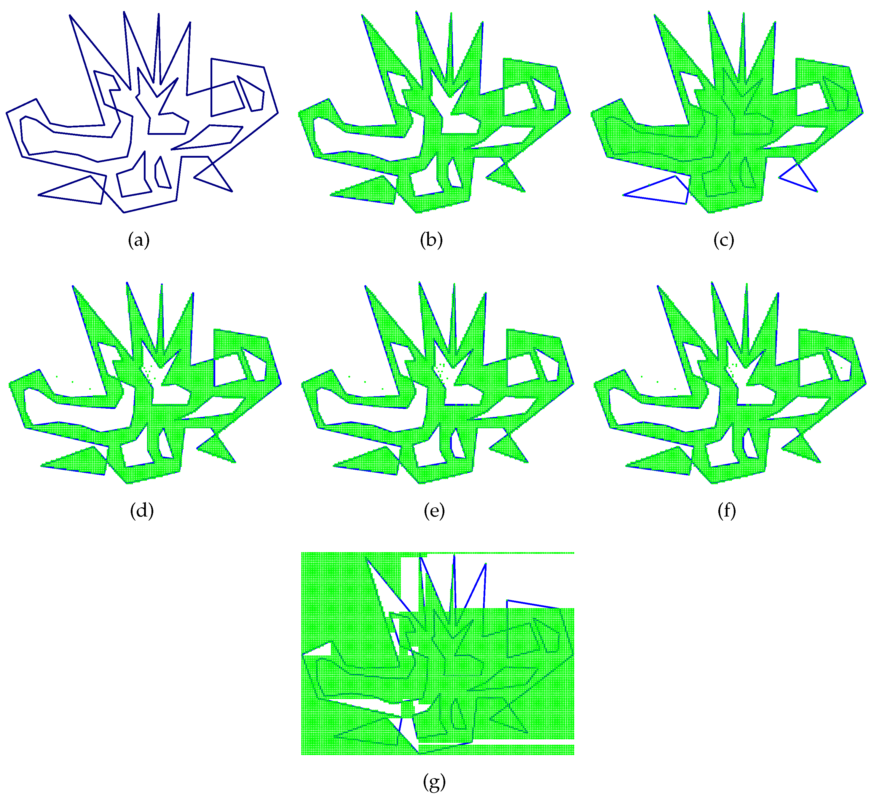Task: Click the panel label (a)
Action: coord(139,240)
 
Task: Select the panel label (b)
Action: coord(431,240)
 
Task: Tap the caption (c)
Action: coord(724,240)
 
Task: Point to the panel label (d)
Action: coord(142,511)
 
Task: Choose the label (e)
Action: coord(434,511)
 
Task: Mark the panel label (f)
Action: coord(727,511)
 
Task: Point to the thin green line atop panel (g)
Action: coord(499,553)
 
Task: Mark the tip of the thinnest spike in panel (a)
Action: coord(159,14)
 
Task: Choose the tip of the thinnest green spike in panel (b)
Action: coord(451,13)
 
